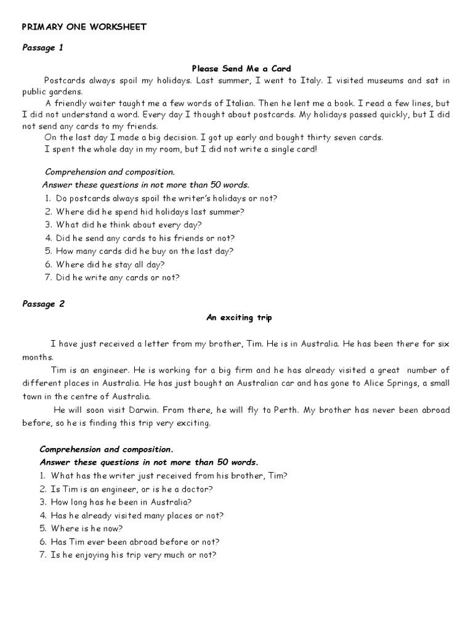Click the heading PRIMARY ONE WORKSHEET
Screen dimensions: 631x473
pos(84,26)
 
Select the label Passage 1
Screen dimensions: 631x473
pos(42,47)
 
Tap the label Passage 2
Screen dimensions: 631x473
pos(43,303)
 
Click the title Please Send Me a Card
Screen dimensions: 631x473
pos(241,68)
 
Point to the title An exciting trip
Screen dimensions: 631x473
pos(238,317)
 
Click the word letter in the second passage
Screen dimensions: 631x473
pos(175,343)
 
